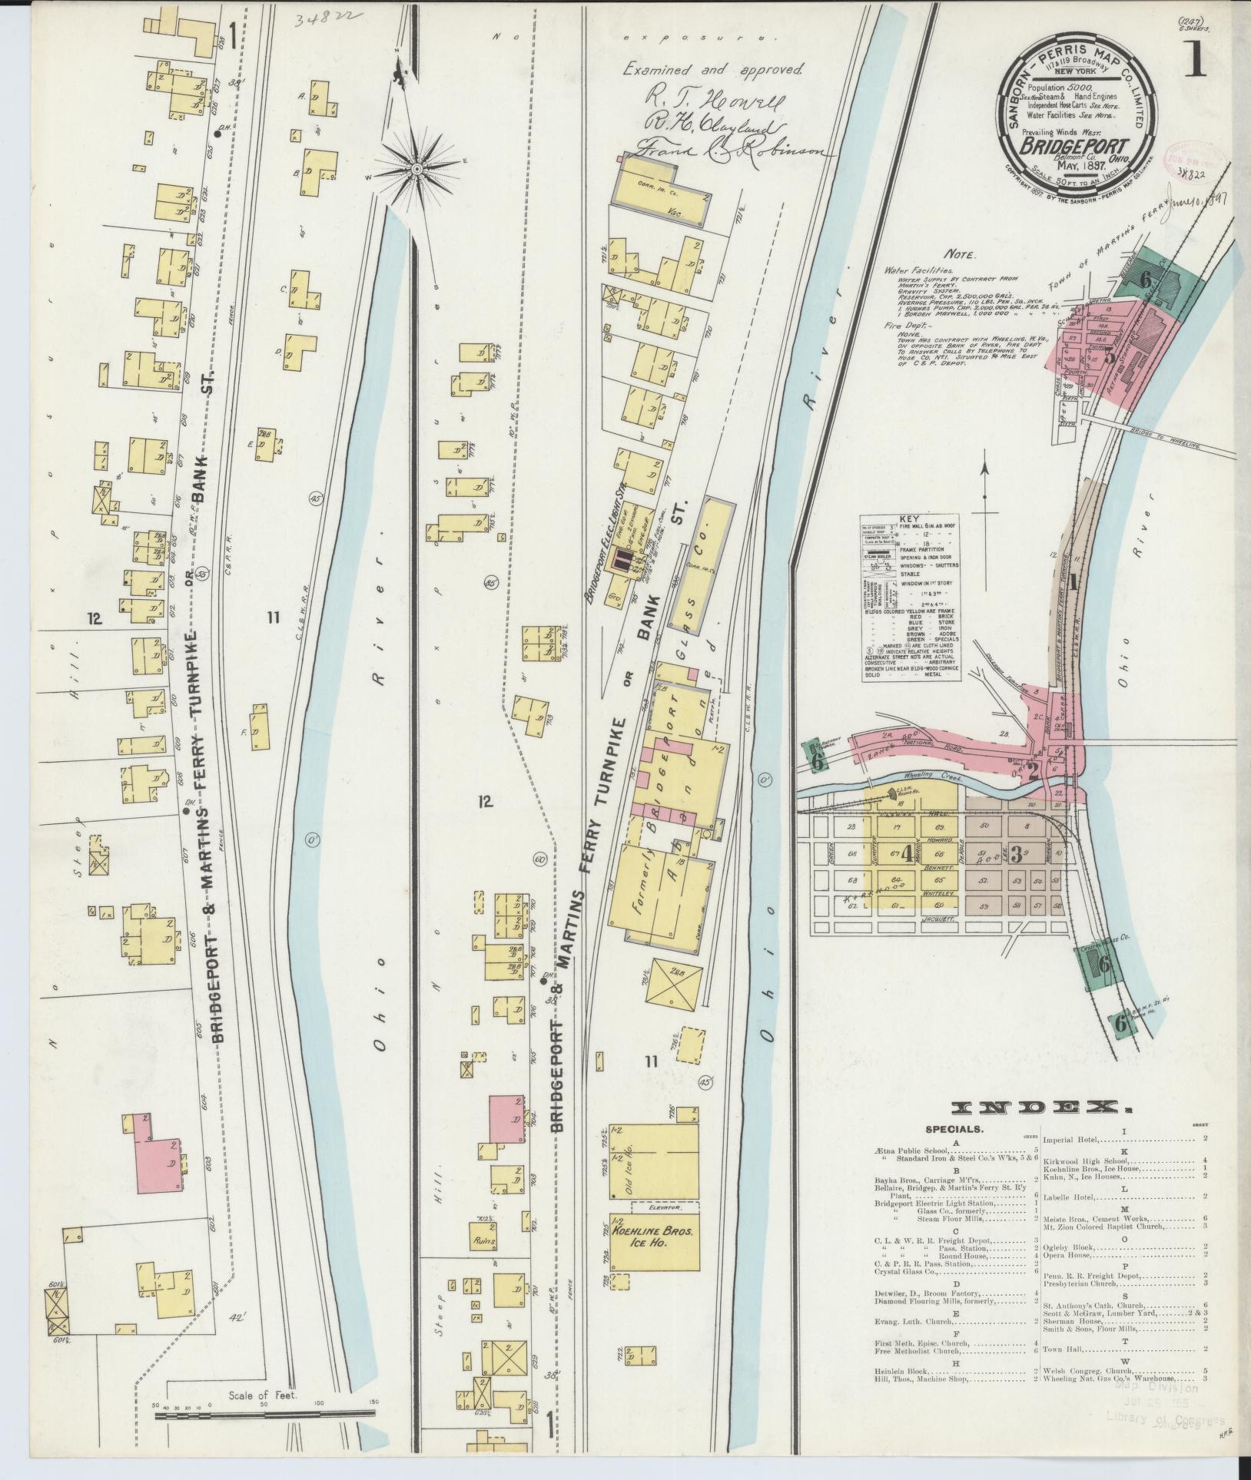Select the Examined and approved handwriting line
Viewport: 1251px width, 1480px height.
tap(712, 68)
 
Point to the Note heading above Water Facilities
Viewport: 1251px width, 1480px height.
tap(961, 254)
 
